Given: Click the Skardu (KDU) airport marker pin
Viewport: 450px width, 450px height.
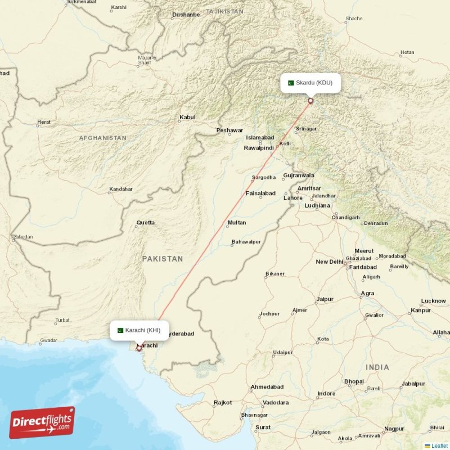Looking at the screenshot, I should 310,101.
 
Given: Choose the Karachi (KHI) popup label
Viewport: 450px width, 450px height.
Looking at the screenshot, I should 139,330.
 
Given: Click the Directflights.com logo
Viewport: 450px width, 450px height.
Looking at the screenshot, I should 42,422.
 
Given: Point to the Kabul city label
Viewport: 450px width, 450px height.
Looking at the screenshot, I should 187,118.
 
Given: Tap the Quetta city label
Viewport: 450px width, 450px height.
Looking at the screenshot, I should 145,223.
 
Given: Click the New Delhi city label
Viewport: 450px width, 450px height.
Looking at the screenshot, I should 330,262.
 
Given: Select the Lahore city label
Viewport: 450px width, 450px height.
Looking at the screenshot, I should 293,198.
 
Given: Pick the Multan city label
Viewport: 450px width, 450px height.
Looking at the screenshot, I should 236,223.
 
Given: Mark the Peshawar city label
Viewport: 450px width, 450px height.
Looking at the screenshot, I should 229,130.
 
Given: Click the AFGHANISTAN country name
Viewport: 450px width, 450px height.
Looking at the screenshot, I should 102,138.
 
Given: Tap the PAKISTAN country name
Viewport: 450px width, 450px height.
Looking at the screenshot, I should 162,259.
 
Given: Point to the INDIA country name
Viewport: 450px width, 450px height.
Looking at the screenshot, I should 377,367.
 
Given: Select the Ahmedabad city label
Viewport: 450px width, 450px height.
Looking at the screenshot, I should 267,387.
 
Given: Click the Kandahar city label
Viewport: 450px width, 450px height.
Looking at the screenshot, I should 121,189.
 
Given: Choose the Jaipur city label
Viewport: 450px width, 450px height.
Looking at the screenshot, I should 325,299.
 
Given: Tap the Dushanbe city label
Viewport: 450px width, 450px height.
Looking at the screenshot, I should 186,15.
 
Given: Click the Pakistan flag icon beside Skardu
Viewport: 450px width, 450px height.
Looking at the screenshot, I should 291,83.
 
